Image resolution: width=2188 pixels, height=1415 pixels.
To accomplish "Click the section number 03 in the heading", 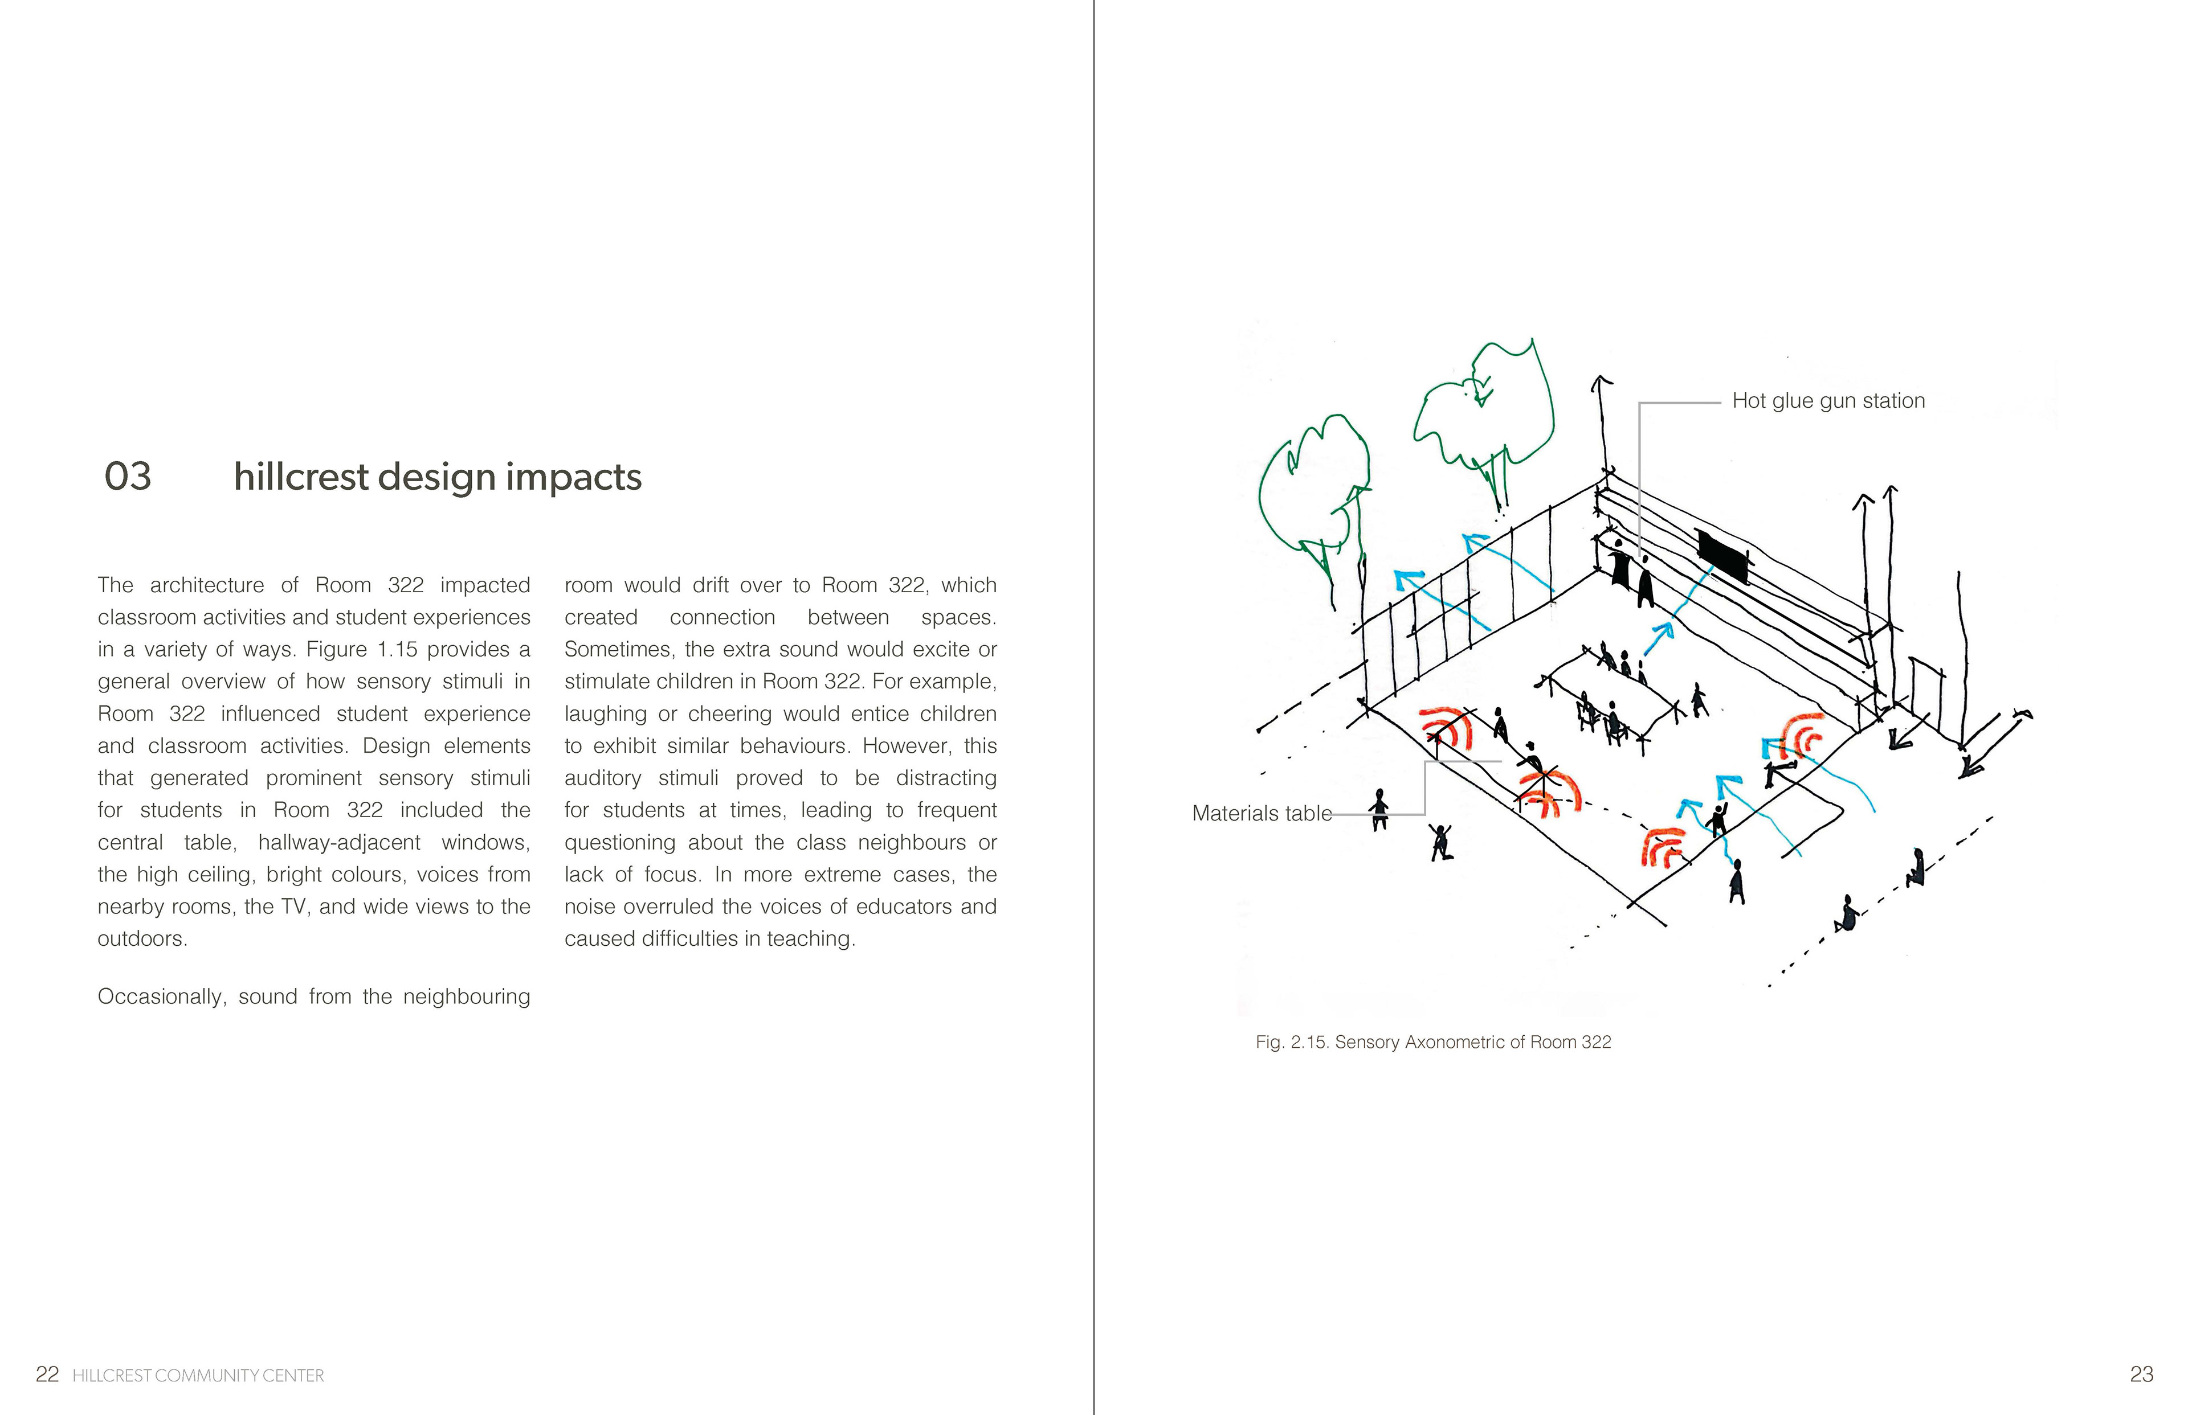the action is point(128,477).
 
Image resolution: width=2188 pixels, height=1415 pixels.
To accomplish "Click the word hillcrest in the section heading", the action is point(301,477).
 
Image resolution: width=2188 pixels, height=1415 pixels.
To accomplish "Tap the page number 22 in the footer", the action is point(47,1375).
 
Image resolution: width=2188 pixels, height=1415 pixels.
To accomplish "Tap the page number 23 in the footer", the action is point(2141,1375).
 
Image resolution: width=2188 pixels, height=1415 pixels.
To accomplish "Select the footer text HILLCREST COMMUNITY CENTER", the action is point(198,1376).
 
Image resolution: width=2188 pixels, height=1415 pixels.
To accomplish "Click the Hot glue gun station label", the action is point(1828,401).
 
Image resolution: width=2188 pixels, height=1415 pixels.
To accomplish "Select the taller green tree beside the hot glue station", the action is point(1482,413).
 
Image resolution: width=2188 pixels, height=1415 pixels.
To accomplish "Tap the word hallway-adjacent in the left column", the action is point(338,843).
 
